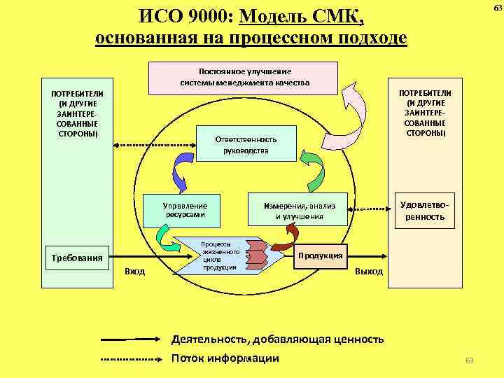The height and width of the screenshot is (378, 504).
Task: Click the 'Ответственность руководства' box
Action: click(246, 145)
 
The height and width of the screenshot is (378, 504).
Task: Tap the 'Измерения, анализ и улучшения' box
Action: click(299, 211)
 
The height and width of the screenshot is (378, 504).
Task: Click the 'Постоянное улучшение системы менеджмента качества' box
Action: click(244, 77)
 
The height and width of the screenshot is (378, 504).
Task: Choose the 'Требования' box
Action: click(77, 258)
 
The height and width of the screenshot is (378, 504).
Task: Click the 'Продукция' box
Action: click(320, 255)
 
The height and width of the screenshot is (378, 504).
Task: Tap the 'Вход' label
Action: click(134, 271)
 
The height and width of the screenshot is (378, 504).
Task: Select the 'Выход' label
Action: click(369, 271)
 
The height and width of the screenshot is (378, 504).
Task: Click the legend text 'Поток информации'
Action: click(225, 358)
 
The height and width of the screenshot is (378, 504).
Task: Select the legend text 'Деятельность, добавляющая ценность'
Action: click(277, 339)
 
